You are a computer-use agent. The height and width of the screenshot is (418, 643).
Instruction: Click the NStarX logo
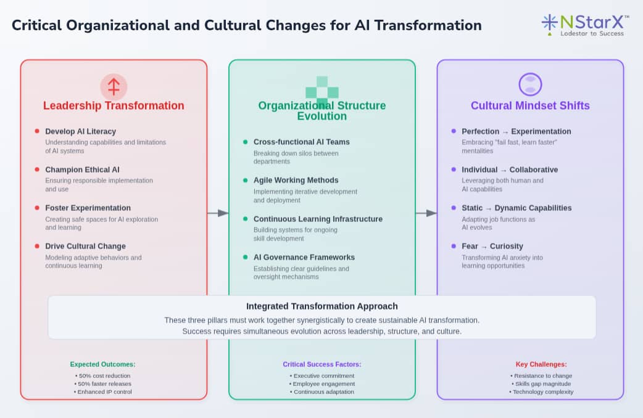pos(585,25)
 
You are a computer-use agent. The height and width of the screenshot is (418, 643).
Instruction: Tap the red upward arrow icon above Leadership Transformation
pos(114,87)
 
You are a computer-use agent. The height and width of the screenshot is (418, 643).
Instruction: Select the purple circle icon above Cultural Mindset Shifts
pos(530,84)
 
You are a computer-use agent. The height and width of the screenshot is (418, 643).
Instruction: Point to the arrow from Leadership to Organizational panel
pos(218,213)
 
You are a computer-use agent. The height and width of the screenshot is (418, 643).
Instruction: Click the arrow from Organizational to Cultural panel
pos(426,213)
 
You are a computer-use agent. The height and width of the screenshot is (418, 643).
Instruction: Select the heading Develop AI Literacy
pos(80,131)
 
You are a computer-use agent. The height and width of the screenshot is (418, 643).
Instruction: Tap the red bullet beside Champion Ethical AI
pos(37,170)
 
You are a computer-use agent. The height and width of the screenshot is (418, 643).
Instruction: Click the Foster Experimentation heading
pos(88,208)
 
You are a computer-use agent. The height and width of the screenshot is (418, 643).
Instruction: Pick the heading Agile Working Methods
pos(296,180)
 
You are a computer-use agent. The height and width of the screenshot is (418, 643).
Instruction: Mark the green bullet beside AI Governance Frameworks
pos(245,257)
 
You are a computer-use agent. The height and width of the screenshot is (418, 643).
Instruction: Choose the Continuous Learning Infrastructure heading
pos(318,219)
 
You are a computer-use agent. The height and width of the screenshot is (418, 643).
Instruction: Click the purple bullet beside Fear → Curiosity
pos(454,246)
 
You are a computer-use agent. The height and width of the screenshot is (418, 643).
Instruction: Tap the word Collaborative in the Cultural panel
pos(534,170)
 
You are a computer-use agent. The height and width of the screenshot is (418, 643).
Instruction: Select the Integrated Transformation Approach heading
pos(322,306)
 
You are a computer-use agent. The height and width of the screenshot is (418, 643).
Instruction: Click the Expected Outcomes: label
pos(102,364)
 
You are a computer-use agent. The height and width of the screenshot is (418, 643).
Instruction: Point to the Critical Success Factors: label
pos(322,364)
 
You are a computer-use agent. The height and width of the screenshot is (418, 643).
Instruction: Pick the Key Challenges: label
pos(541,364)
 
